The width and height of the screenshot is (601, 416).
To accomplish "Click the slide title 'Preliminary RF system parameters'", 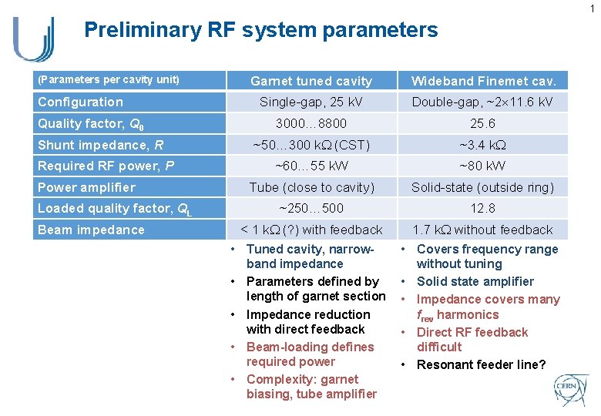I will tap(260, 30).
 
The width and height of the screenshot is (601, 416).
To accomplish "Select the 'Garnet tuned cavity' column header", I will tap(311, 81).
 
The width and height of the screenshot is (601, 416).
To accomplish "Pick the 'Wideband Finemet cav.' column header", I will tap(483, 81).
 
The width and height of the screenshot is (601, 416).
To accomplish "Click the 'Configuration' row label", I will tap(80, 102).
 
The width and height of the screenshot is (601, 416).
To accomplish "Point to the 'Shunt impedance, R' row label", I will tap(100, 145).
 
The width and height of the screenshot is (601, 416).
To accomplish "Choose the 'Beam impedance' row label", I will tap(91, 230).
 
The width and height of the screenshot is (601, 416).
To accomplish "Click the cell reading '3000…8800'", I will tap(311, 123).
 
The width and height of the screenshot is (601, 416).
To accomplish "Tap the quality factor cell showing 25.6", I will tap(483, 123).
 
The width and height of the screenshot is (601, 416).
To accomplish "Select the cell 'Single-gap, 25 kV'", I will tap(311, 102).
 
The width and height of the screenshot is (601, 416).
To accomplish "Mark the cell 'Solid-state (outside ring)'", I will tap(483, 187).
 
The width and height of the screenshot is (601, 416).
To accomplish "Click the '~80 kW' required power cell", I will tap(483, 166).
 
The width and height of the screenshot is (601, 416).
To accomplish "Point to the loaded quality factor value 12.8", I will tap(483, 208).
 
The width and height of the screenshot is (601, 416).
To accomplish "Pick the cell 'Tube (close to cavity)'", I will tap(311, 187).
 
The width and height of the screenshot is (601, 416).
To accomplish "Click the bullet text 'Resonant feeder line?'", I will tap(481, 364).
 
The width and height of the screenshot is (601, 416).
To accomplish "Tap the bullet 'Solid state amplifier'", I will tap(475, 281).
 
